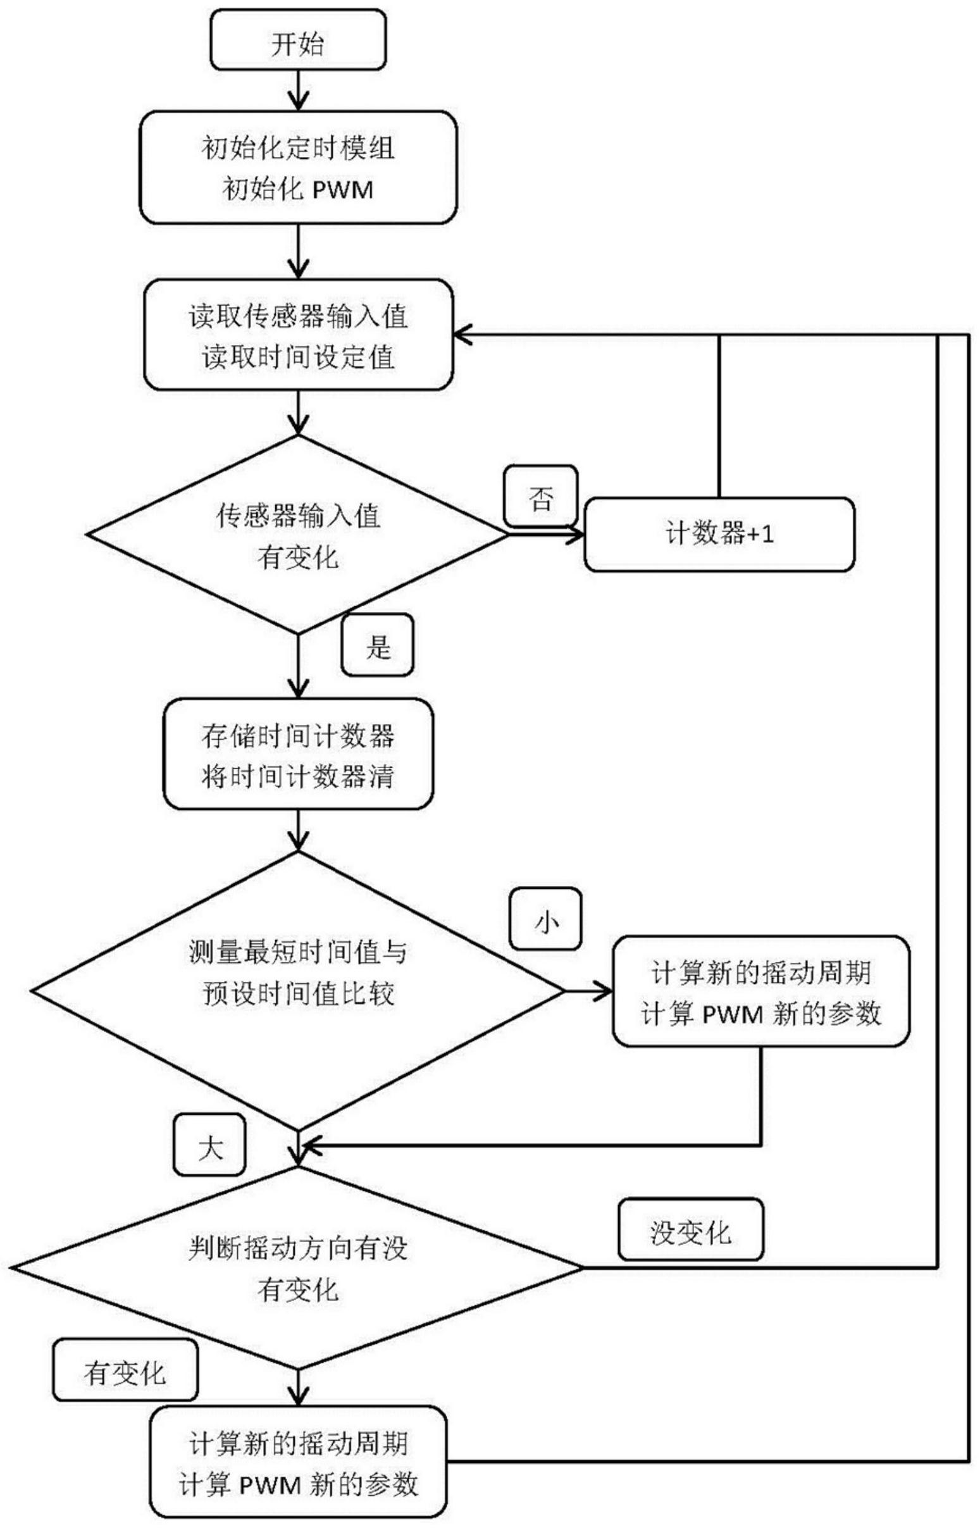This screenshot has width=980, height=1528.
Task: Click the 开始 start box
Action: pyautogui.click(x=298, y=39)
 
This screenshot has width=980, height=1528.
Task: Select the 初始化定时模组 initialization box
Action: pyautogui.click(x=298, y=168)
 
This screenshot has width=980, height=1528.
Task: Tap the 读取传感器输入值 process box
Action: pyautogui.click(x=298, y=335)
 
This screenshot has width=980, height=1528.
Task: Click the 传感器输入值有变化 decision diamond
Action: pyautogui.click(x=298, y=535)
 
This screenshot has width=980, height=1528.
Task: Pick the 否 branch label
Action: pyautogui.click(x=541, y=497)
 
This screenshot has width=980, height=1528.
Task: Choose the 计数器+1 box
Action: pyautogui.click(x=719, y=535)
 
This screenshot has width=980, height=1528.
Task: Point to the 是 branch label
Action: pyautogui.click(x=378, y=645)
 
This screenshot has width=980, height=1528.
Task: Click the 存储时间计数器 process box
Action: pyautogui.click(x=298, y=754)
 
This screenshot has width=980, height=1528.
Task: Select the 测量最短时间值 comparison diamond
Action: pyautogui.click(x=298, y=990)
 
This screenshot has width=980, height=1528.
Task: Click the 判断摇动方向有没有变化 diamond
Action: pyautogui.click(x=298, y=1267)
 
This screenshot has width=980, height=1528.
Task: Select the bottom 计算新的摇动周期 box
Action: pyautogui.click(x=298, y=1463)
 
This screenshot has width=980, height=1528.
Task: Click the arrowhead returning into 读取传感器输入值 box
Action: pyautogui.click(x=463, y=335)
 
